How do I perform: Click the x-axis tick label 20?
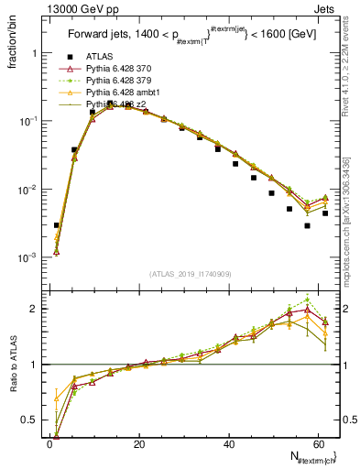click(138, 444)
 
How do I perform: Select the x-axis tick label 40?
click(228, 444)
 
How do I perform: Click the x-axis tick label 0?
click(49, 444)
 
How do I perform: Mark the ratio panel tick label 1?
click(34, 365)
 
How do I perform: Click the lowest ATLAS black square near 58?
click(308, 225)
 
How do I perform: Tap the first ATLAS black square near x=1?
click(57, 224)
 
